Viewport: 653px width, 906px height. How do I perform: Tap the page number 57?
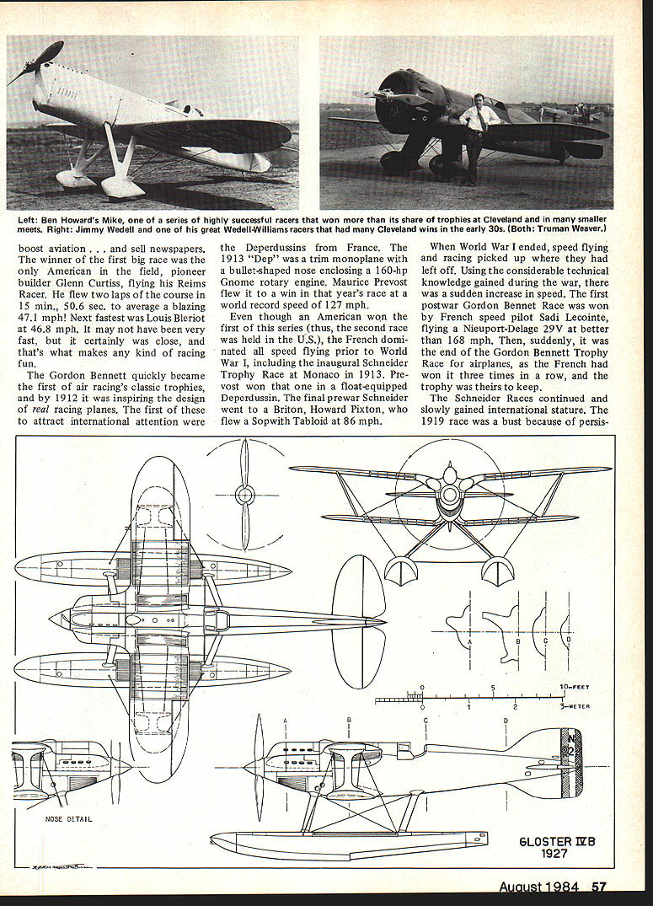click(x=599, y=887)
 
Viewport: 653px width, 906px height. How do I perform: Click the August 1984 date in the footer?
click(x=538, y=887)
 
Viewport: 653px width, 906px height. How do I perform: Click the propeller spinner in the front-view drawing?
click(x=449, y=493)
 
